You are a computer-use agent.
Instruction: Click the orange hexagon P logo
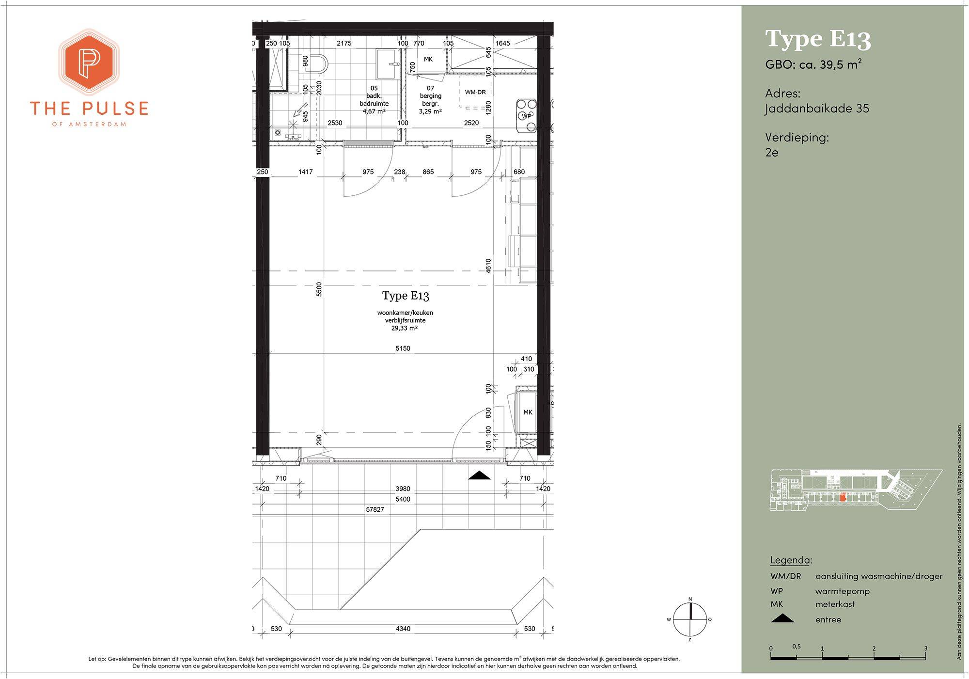click(89, 62)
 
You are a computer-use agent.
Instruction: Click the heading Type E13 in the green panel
click(818, 39)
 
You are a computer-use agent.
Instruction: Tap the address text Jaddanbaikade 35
click(817, 109)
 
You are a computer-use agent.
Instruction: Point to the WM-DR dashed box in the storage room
click(475, 92)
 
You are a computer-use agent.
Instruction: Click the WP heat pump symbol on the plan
click(526, 115)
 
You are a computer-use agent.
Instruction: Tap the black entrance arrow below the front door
click(479, 475)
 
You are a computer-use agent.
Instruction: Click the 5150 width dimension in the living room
click(403, 348)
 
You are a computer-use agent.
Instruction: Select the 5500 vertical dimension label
click(319, 289)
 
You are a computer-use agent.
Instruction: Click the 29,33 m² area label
click(405, 328)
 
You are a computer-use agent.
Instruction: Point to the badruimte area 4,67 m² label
click(374, 111)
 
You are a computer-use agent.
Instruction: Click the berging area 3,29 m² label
click(430, 111)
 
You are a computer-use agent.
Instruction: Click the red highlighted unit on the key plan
click(843, 497)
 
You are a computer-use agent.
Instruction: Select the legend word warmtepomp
click(843, 591)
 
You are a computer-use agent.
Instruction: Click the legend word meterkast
click(835, 604)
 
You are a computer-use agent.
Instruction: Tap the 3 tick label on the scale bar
click(925, 648)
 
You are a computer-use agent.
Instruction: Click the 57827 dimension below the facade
click(375, 509)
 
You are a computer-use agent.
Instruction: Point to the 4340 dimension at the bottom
click(403, 629)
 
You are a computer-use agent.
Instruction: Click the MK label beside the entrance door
click(528, 412)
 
